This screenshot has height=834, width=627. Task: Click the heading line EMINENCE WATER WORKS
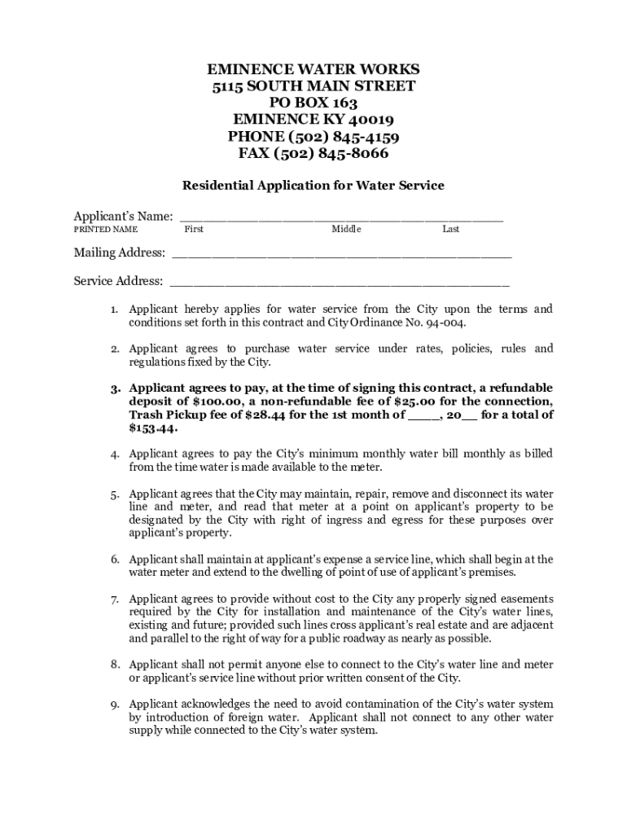pos(313,68)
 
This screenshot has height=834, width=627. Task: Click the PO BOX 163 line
pos(313,103)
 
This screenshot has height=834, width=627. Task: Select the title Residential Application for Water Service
pos(313,186)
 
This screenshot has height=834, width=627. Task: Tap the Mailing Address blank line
pos(341,254)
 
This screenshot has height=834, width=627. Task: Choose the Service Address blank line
pos(340,283)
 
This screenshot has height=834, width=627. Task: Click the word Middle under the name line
pos(346,230)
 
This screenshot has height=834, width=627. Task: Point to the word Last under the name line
pos(450,230)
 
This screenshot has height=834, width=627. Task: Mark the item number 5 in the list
pos(116,494)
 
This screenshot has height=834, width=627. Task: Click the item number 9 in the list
pos(116,705)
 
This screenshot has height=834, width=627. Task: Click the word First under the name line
pos(194,230)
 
